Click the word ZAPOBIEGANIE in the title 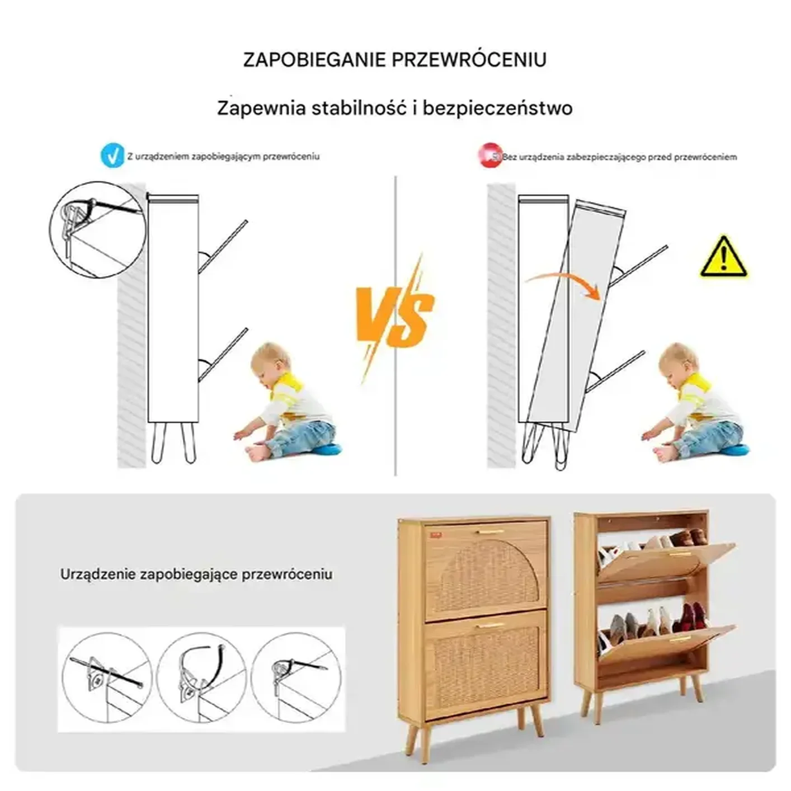pos(314,60)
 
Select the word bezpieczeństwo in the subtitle pos(497,109)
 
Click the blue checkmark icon pos(112,156)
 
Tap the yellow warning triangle pos(723,257)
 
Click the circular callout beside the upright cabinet pos(98,230)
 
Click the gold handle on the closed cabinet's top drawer pos(489,532)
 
